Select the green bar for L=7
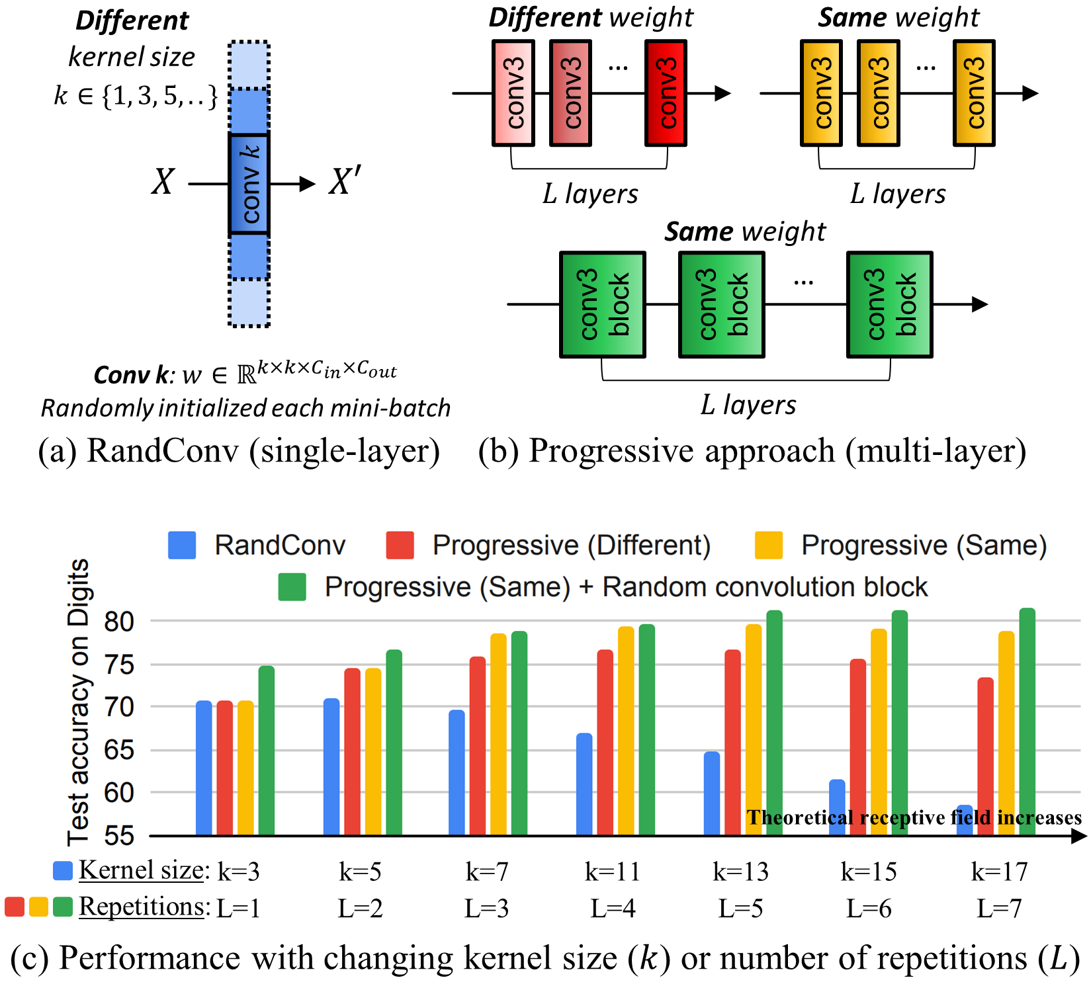pyautogui.click(x=1027, y=721)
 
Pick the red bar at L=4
pyautogui.click(x=605, y=742)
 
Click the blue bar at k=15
pyautogui.click(x=837, y=807)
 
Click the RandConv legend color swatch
pyautogui.click(x=182, y=546)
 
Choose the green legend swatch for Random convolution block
pyautogui.click(x=292, y=587)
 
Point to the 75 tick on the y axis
pyautogui.click(x=119, y=665)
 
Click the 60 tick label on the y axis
pyautogui.click(x=119, y=792)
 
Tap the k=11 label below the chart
pyautogui.click(x=612, y=872)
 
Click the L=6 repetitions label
pyautogui.click(x=868, y=909)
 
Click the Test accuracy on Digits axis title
pyautogui.click(x=78, y=702)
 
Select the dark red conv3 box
pyautogui.click(x=666, y=93)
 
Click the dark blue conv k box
pyautogui.click(x=249, y=184)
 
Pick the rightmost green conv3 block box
pyautogui.click(x=889, y=304)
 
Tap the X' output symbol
pyautogui.click(x=345, y=182)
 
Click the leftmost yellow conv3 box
pyautogui.click(x=821, y=93)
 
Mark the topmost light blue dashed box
pyautogui.click(x=249, y=65)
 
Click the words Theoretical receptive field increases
pyautogui.click(x=914, y=817)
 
